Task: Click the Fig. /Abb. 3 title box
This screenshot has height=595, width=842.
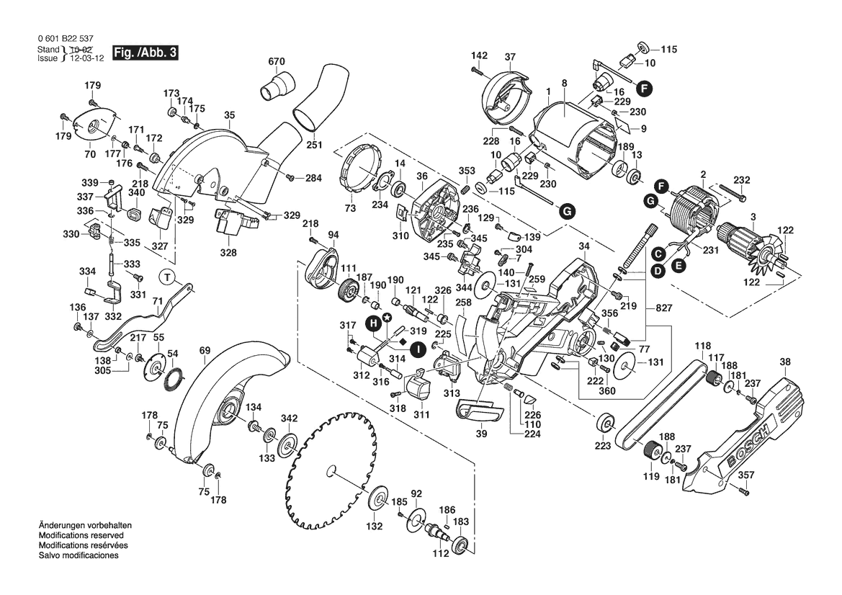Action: point(144,53)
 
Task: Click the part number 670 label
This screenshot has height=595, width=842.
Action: point(277,62)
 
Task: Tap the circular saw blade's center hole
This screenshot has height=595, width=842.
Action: point(331,471)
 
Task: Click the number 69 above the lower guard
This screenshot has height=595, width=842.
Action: point(205,351)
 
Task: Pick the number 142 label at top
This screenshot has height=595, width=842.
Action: point(480,55)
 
